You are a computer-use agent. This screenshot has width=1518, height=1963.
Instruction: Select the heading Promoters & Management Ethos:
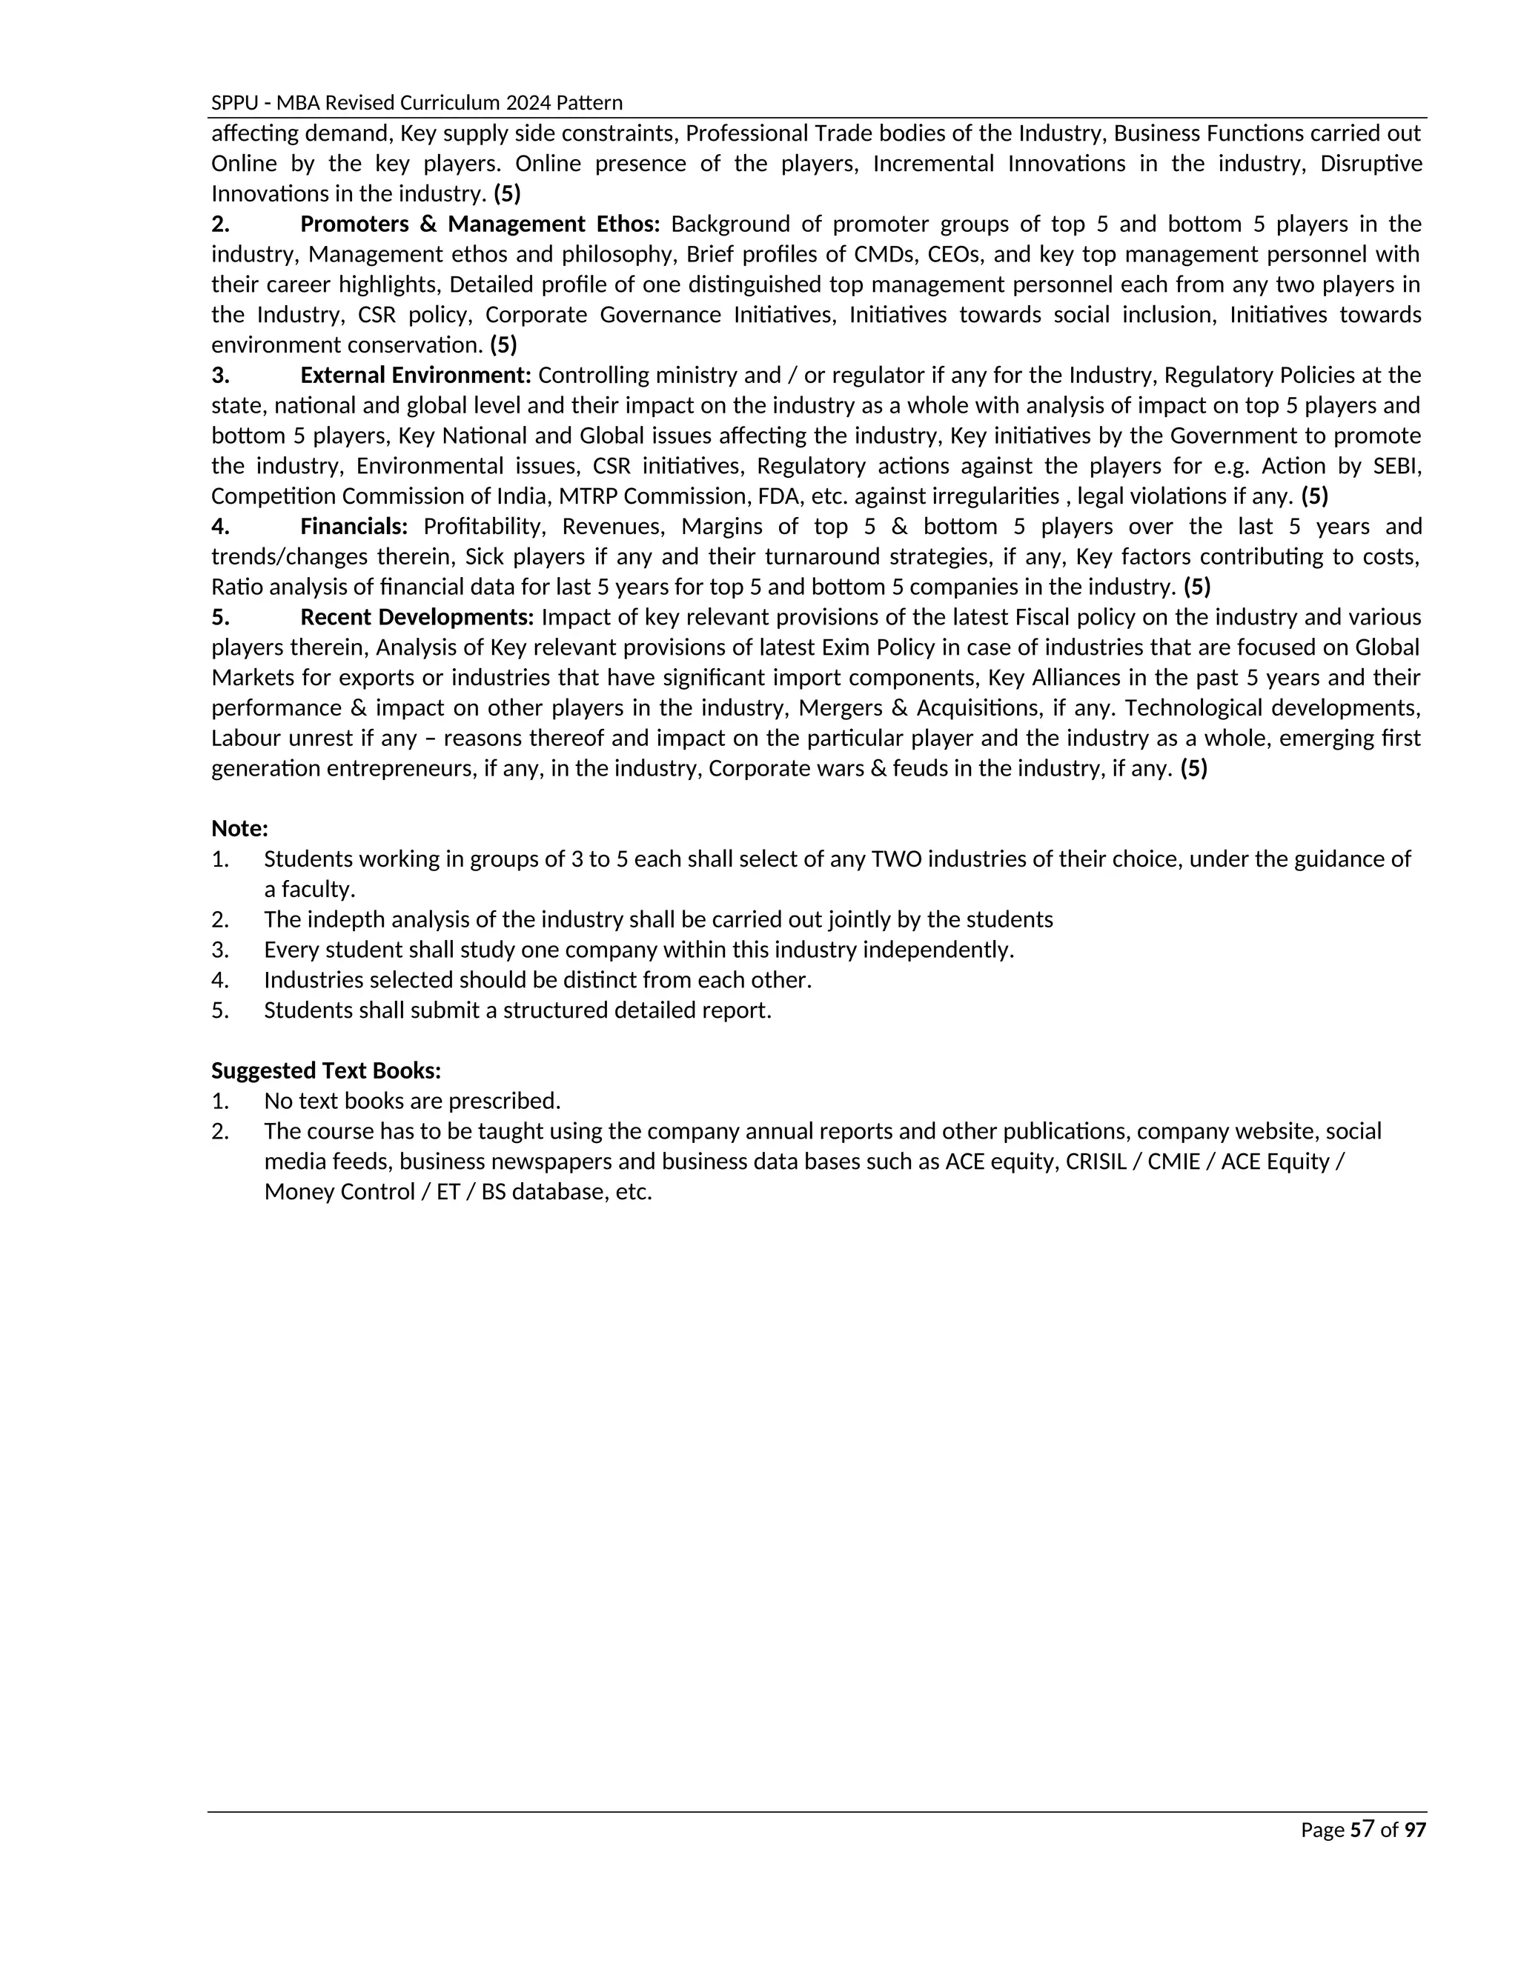tap(480, 224)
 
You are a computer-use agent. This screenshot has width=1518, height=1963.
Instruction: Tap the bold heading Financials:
tap(354, 526)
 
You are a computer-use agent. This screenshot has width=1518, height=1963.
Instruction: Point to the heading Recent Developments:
tap(417, 618)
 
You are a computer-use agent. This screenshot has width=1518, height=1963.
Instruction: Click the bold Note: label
tap(239, 829)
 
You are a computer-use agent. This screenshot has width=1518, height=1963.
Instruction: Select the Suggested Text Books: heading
tap(325, 1070)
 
